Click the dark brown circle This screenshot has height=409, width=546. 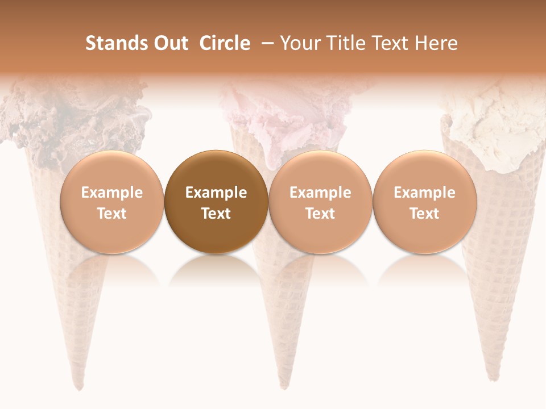click(216, 202)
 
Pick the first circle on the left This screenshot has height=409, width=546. click(112, 202)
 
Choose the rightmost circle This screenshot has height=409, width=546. click(425, 202)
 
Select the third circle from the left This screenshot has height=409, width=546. click(320, 202)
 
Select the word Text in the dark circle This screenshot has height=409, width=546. click(216, 214)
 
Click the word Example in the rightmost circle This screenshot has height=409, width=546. click(425, 193)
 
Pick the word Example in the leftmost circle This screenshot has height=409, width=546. click(112, 193)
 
